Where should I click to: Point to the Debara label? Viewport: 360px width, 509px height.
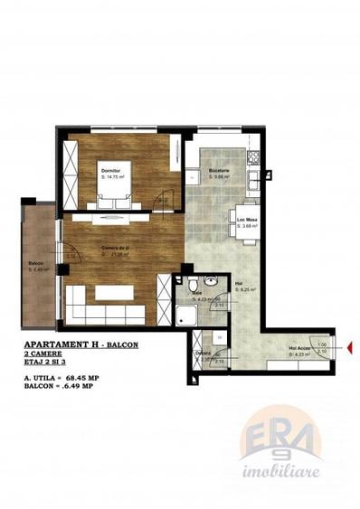[x=204, y=353]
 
